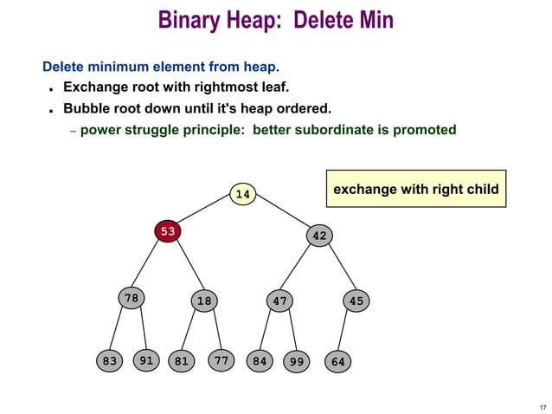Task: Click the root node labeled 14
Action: click(243, 195)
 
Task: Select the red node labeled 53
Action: click(167, 231)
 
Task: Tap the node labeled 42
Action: click(319, 236)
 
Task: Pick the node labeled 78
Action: click(131, 299)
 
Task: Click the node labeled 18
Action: click(204, 301)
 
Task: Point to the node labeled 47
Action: click(279, 301)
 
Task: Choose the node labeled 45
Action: click(356, 301)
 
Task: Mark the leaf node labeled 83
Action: click(109, 361)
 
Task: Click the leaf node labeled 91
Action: click(147, 360)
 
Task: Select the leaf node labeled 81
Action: click(181, 361)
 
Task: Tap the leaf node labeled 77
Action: click(221, 360)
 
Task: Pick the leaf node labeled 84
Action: click(258, 361)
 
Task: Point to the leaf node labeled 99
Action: click(297, 361)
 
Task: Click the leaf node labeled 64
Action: click(337, 361)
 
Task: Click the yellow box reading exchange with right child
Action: click(415, 189)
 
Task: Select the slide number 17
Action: click(542, 407)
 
